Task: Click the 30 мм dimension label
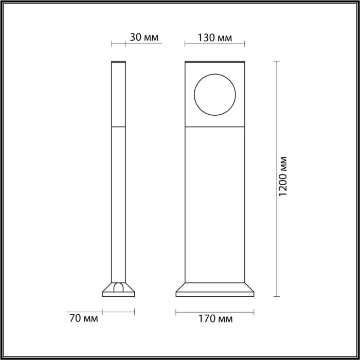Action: (144, 38)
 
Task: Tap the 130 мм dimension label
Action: (214, 38)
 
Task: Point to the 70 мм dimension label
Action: (82, 319)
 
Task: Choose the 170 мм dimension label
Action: (215, 319)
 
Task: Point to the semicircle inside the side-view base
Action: (119, 287)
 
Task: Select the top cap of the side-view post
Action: (118, 62)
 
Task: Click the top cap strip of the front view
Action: (214, 63)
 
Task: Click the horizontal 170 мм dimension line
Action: (215, 311)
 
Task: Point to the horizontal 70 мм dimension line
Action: (118, 311)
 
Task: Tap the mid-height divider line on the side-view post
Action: (118, 126)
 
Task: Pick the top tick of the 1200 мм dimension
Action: (277, 61)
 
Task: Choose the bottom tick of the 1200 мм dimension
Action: (277, 296)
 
